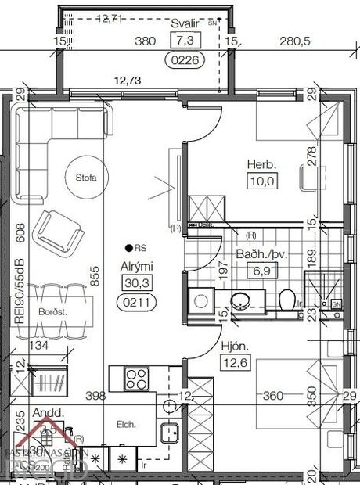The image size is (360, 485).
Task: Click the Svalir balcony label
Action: coord(185,24)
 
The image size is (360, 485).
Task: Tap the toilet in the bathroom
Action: coord(287,299)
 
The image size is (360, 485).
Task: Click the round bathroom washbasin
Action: coord(238,298)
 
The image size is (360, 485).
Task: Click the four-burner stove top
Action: coord(137,379)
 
